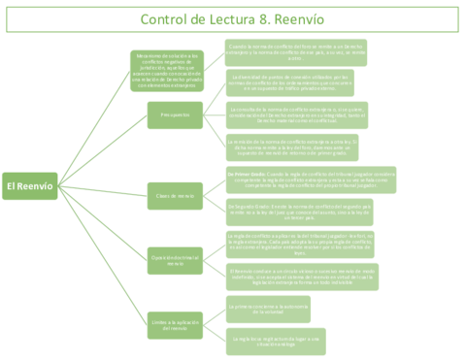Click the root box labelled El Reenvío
pyautogui.click(x=29, y=185)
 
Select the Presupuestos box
pyautogui.click(x=175, y=115)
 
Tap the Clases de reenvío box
pyautogui.click(x=175, y=196)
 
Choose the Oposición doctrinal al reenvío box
pyautogui.click(x=175, y=260)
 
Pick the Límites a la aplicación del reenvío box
pyautogui.click(x=175, y=325)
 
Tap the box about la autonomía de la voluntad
pyautogui.click(x=266, y=310)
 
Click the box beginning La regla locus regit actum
pyautogui.click(x=266, y=340)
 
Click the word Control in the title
pyautogui.click(x=167, y=19)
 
